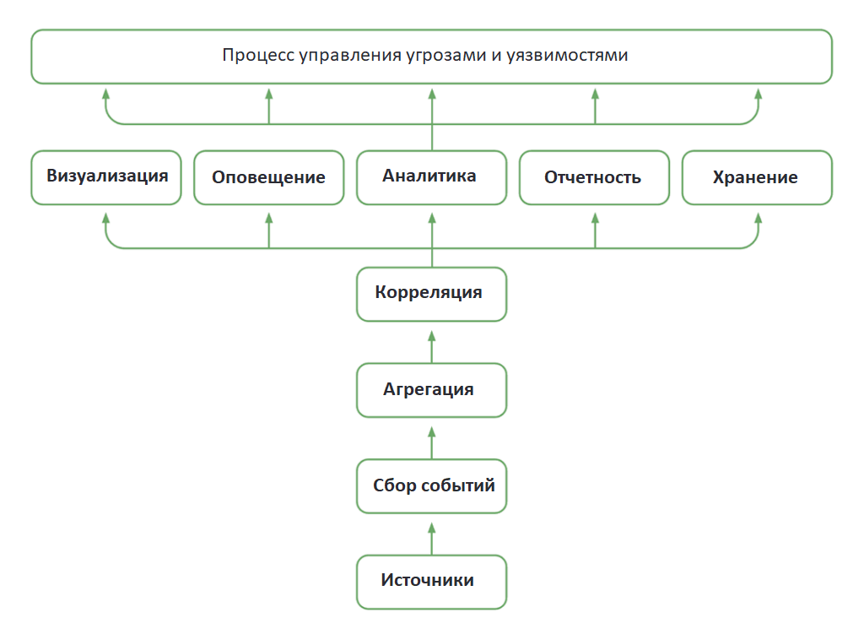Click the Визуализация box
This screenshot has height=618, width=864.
(106, 177)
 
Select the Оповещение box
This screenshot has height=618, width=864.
(268, 177)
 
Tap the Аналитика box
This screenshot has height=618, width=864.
(431, 177)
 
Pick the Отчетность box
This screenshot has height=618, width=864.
(593, 177)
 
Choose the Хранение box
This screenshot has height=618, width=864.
(756, 177)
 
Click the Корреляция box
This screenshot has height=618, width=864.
(431, 294)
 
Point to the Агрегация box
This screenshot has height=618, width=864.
(431, 390)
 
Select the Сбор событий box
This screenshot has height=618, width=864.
(431, 486)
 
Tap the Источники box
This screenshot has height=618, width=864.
(431, 582)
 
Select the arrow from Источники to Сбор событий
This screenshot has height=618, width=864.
(431, 538)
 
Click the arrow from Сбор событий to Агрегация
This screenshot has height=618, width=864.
(431, 442)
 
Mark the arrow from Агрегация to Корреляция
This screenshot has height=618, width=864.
(431, 346)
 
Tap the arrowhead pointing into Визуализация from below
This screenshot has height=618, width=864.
(106, 219)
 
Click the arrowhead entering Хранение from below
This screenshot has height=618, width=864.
(757, 219)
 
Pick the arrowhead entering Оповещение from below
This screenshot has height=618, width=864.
(268, 219)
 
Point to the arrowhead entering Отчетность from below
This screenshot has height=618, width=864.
(594, 219)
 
